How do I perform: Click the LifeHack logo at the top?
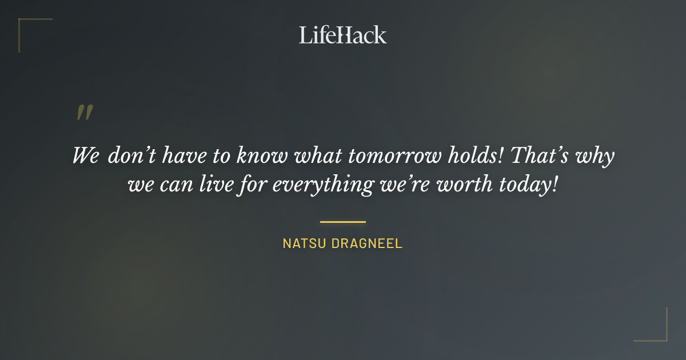(x=343, y=35)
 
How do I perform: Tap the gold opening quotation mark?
(x=85, y=113)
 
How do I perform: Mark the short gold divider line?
(x=343, y=222)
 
